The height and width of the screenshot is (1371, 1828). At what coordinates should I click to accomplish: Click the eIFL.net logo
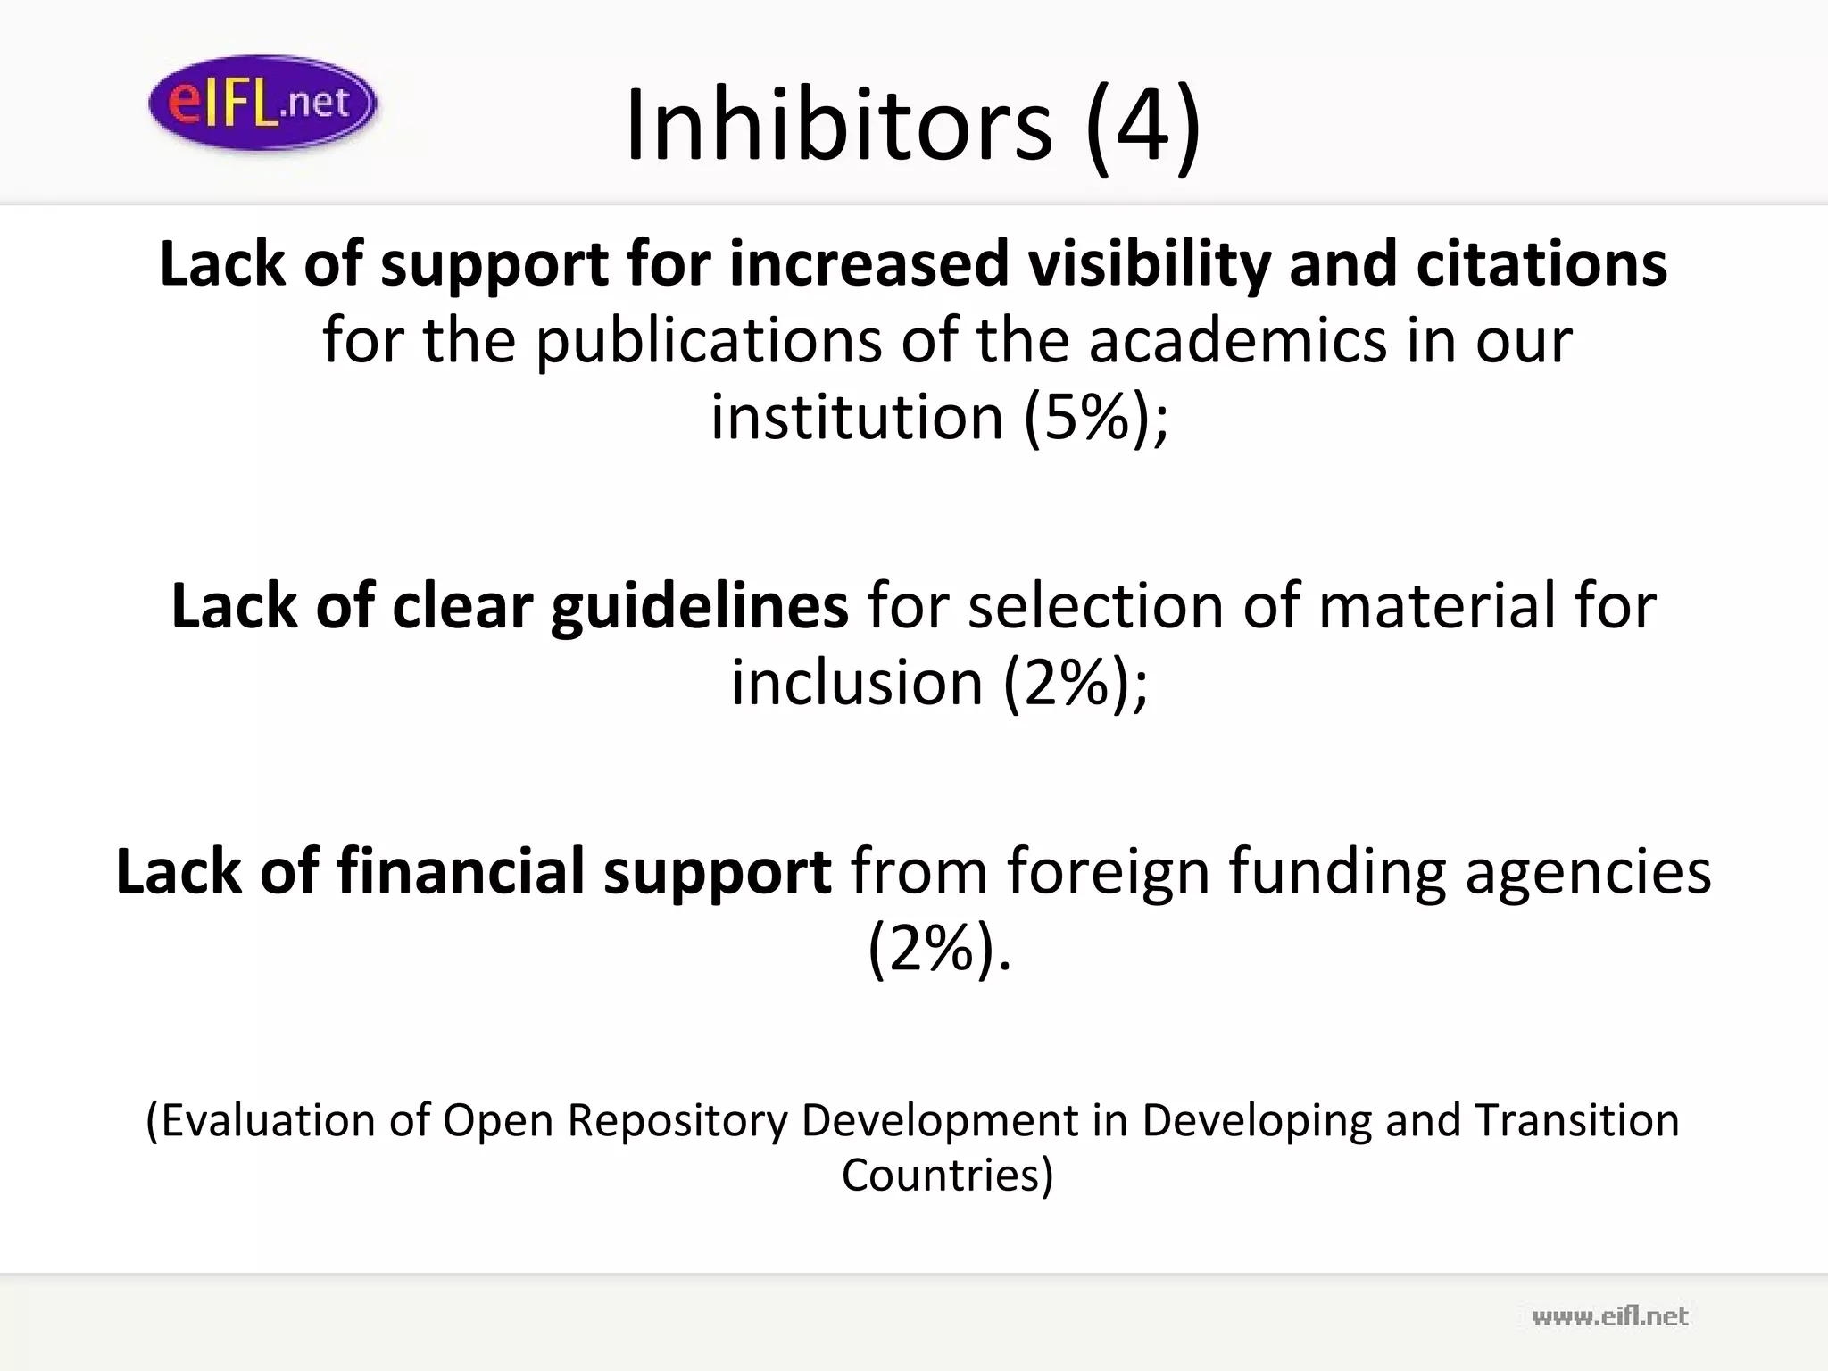click(x=262, y=103)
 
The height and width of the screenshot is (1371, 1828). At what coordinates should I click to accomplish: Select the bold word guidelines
click(x=699, y=606)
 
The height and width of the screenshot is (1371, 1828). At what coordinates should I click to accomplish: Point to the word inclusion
click(x=857, y=683)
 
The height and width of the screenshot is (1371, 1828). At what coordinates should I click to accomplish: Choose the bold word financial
click(x=461, y=872)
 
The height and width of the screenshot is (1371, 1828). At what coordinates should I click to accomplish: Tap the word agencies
click(x=1588, y=872)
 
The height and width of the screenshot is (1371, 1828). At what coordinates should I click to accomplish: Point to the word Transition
click(x=1576, y=1120)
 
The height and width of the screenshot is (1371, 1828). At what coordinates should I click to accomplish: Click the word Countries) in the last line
click(x=947, y=1175)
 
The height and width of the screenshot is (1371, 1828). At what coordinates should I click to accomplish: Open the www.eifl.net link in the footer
click(x=1609, y=1317)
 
